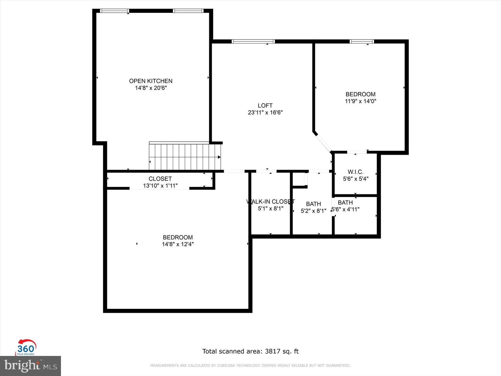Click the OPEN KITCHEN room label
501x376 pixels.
coord(151,81)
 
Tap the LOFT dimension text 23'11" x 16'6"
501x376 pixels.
coord(265,113)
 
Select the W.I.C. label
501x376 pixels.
coord(355,172)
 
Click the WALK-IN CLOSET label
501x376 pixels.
coord(270,201)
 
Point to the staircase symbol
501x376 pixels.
coord(185,157)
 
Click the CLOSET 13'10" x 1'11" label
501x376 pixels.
coord(160,182)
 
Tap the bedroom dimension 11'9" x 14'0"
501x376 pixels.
coord(360,101)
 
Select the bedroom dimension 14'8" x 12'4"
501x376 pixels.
coord(178,244)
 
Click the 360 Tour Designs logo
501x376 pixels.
coord(26,348)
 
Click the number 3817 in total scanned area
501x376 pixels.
coord(272,351)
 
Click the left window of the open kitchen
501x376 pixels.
coord(114,11)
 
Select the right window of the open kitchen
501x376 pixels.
coord(188,11)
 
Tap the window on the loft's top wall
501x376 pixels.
coord(253,41)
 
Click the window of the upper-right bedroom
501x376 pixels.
coord(362,41)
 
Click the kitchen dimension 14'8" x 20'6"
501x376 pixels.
coord(151,88)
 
